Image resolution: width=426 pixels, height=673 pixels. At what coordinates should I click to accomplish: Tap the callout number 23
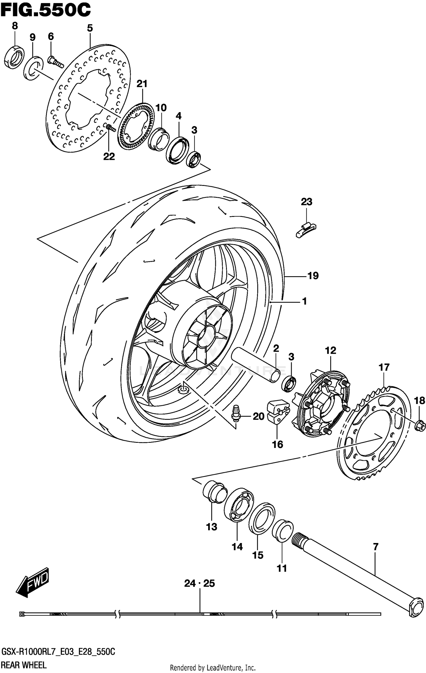tap(306, 202)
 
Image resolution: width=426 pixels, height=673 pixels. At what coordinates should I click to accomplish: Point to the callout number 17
tap(384, 367)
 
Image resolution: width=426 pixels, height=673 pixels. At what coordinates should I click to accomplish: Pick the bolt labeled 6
tap(55, 62)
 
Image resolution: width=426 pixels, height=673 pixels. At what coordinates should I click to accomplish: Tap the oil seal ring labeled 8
tap(14, 57)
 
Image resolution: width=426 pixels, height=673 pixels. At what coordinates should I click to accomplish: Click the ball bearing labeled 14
tap(239, 506)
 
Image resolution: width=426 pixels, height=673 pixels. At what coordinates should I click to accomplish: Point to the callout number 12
tap(330, 350)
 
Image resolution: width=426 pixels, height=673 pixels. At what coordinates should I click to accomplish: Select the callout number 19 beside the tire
tap(313, 276)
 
